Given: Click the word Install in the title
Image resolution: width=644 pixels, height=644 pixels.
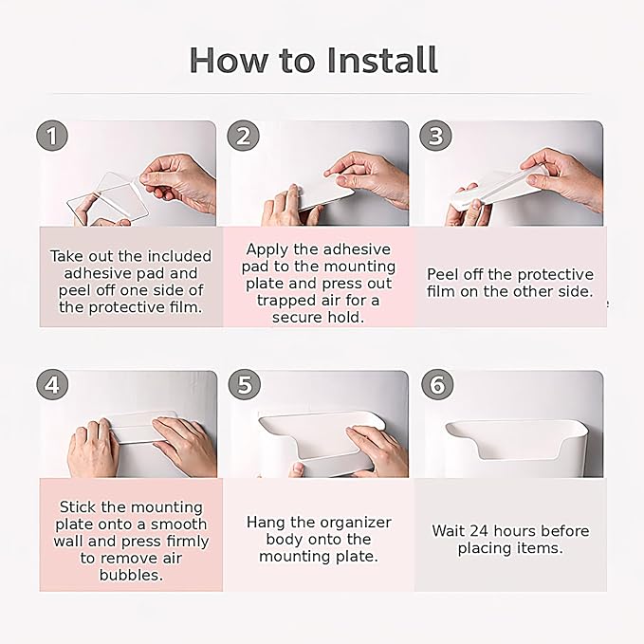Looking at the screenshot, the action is [382, 61].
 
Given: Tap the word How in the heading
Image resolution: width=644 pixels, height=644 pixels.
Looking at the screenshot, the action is [228, 61].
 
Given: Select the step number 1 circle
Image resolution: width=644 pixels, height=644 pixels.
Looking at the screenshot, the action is [52, 136].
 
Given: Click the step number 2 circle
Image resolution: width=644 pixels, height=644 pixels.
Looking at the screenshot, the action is [244, 136].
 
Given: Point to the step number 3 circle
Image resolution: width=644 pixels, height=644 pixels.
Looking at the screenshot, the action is [435, 136].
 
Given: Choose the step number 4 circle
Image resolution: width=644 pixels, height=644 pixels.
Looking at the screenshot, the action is [52, 385].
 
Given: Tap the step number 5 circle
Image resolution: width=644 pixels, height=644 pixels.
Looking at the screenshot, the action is [245, 385].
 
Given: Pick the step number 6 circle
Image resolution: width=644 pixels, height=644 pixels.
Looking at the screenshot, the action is [437, 385].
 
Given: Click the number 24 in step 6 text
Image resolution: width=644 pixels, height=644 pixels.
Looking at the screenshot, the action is [478, 531].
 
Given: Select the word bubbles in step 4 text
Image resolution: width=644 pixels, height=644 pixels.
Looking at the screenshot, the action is [132, 575].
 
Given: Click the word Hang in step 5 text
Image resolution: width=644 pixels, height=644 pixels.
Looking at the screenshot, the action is [267, 523].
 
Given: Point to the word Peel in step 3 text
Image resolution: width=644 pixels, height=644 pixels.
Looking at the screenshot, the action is [442, 274].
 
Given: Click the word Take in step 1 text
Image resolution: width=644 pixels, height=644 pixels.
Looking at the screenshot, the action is [67, 256].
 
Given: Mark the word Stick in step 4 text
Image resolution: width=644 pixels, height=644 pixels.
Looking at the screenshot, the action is [79, 506].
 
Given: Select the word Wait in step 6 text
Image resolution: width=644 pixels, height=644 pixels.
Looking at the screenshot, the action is [448, 531].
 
